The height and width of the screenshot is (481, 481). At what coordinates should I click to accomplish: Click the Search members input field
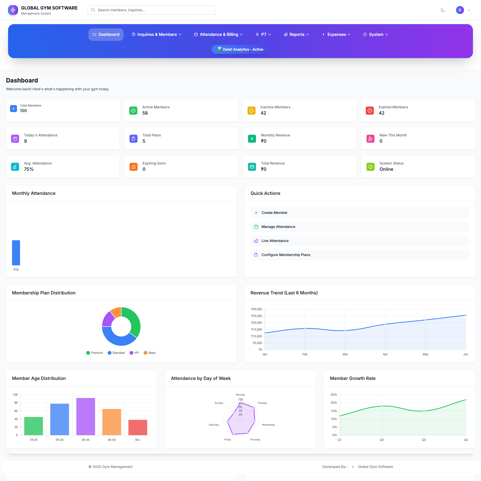pos(152,10)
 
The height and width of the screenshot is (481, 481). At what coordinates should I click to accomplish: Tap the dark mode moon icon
pos(443,10)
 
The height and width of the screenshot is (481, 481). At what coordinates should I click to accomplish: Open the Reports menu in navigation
pos(296,35)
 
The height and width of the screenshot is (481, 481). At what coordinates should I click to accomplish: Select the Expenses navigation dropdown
pos(336,35)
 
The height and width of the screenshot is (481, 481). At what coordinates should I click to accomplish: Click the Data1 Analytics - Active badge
pos(240,49)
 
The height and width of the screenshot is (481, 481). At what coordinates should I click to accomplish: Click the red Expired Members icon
pos(370,111)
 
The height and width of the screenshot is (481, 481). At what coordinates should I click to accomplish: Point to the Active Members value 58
pos(145,113)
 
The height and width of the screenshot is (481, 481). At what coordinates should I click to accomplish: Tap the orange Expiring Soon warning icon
pos(134,167)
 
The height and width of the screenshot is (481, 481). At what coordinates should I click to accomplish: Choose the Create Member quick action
pos(274,213)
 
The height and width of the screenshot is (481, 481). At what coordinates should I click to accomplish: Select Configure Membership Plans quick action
pos(286,255)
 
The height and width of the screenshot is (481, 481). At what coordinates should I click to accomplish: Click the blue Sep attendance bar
pos(16,253)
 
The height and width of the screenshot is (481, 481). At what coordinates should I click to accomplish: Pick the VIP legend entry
pos(134,353)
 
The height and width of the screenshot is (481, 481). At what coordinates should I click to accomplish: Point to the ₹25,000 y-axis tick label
pos(257,316)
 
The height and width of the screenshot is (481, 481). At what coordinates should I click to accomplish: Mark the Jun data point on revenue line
pos(465,315)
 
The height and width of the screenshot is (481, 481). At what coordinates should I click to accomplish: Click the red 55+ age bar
pos(138,427)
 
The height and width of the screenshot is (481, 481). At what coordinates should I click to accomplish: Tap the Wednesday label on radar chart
pos(268,425)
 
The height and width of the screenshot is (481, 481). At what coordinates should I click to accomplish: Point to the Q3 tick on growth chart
pos(424,440)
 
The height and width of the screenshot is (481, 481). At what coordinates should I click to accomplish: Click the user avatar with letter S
pos(460,10)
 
